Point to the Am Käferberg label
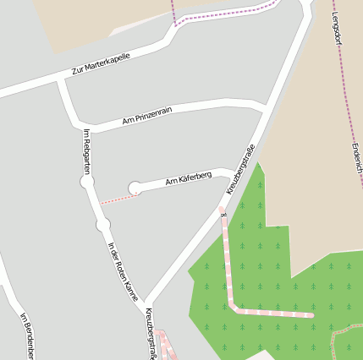click(x=189, y=178)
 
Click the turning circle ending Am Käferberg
click(x=135, y=188)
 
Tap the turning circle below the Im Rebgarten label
click(x=86, y=183)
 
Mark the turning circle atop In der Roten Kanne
click(x=103, y=225)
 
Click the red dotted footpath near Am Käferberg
click(x=119, y=199)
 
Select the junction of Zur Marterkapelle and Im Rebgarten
click(x=61, y=79)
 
